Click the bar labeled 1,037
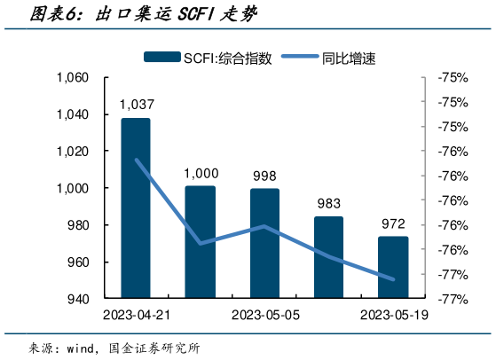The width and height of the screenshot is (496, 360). pyautogui.click(x=136, y=208)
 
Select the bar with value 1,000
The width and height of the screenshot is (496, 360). pyautogui.click(x=200, y=242)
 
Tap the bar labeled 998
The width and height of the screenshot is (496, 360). pyautogui.click(x=264, y=244)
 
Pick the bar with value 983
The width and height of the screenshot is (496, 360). pyautogui.click(x=328, y=257)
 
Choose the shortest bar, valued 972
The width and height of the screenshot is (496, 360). pyautogui.click(x=393, y=268)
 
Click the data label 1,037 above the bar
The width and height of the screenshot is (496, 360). pyautogui.click(x=136, y=106)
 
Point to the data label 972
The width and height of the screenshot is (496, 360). pyautogui.click(x=393, y=223)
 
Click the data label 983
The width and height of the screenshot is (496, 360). pyautogui.click(x=328, y=203)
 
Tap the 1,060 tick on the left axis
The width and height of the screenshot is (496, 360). pyautogui.click(x=73, y=78)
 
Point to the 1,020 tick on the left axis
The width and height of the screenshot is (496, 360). pyautogui.click(x=73, y=152)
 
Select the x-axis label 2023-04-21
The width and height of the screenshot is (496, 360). pyautogui.click(x=136, y=316)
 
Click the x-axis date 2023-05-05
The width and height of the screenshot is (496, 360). pyautogui.click(x=264, y=316)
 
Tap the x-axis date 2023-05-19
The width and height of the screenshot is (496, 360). pyautogui.click(x=393, y=316)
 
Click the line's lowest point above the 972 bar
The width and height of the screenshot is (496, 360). pyautogui.click(x=393, y=278)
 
